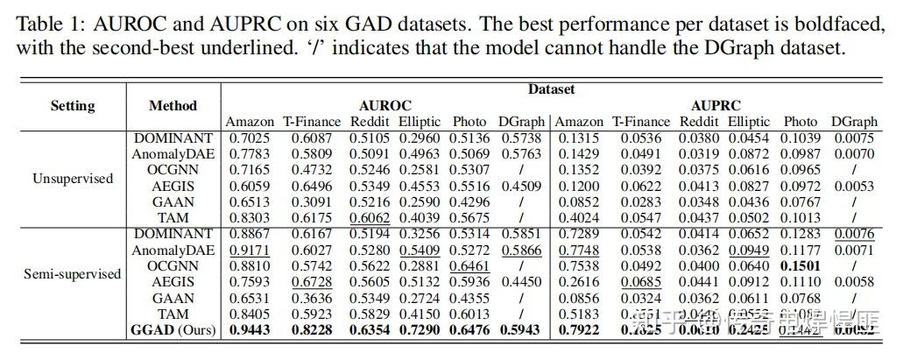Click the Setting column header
tap(73, 106)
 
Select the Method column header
tap(173, 106)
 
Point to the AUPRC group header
tap(716, 106)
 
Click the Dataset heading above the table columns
tap(551, 89)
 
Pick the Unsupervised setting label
tap(73, 179)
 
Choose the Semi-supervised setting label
tap(73, 274)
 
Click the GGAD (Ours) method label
tap(173, 329)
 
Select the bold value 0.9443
tap(250, 329)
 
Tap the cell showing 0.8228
tap(305, 329)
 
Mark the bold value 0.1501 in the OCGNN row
tap(801, 265)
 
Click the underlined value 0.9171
tap(250, 250)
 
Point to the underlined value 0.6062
tap(370, 218)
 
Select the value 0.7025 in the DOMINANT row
tap(250, 138)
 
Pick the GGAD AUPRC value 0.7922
tap(579, 329)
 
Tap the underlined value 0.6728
tap(305, 281)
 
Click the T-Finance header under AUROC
tap(305, 122)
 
